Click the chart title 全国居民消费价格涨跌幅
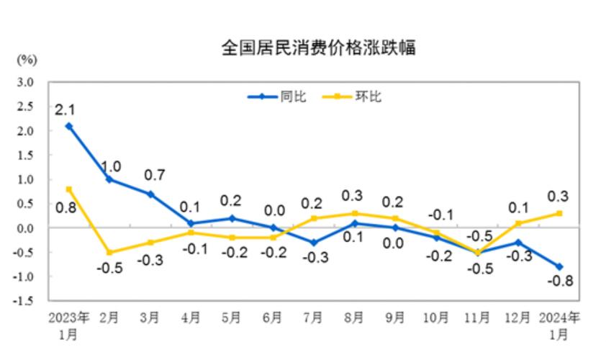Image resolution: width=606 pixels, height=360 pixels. pyautogui.click(x=318, y=48)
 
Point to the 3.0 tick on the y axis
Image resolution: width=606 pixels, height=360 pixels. pyautogui.click(x=26, y=82)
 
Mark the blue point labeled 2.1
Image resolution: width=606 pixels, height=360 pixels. pyautogui.click(x=68, y=126)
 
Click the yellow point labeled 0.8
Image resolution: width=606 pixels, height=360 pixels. pyautogui.click(x=68, y=189)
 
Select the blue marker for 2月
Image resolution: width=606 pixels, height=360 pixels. pyautogui.click(x=109, y=179)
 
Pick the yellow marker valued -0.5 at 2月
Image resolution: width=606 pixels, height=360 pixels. pyautogui.click(x=109, y=252)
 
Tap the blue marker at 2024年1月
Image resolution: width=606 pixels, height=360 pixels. pyautogui.click(x=559, y=266)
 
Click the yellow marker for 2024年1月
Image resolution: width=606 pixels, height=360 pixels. pyautogui.click(x=559, y=213)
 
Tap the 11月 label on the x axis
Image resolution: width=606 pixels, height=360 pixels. pyautogui.click(x=478, y=318)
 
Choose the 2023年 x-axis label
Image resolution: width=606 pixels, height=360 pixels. pyautogui.click(x=68, y=318)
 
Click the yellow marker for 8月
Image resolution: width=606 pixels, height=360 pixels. pyautogui.click(x=356, y=213)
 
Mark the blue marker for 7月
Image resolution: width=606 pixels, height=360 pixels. pyautogui.click(x=315, y=243)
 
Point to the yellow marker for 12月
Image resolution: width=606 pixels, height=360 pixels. pyautogui.click(x=518, y=223)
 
